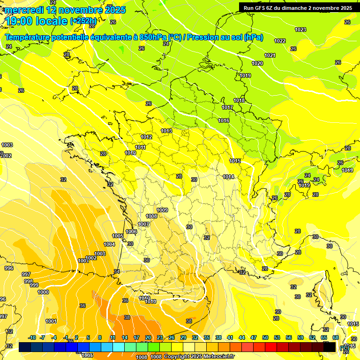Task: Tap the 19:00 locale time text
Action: (36, 21)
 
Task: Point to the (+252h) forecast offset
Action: (83, 21)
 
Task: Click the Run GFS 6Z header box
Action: (298, 7)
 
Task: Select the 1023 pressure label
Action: (300, 30)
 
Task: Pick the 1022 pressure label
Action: (280, 41)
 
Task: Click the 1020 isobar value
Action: (257, 63)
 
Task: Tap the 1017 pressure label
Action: (227, 107)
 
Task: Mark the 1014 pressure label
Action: (228, 177)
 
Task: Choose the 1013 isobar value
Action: (166, 131)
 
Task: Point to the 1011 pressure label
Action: (140, 147)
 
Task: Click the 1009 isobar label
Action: (162, 210)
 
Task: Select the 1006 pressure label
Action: (131, 232)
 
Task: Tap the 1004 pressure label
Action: (109, 244)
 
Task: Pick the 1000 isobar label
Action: (43, 292)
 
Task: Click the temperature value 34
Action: (117, 271)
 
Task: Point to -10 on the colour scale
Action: (32, 337)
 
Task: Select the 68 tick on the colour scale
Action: (336, 337)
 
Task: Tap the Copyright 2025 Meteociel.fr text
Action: (199, 357)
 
